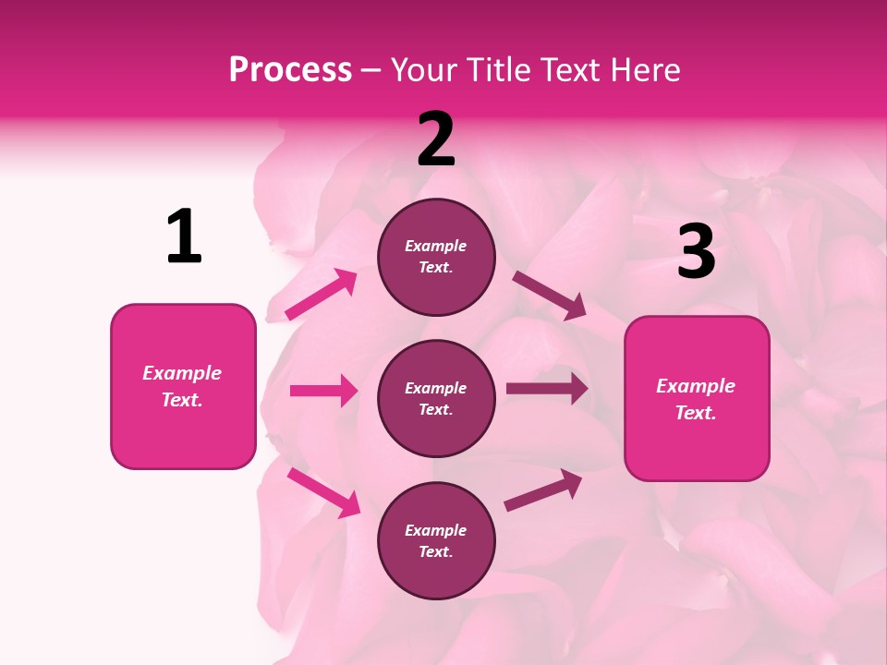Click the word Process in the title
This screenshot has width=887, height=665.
pos(290,70)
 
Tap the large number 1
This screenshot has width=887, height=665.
pos(184,237)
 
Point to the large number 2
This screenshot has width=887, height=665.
pos(436,139)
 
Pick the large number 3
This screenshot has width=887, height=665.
pos(696,251)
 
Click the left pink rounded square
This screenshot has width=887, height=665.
pos(183,386)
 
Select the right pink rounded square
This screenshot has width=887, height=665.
pos(697,398)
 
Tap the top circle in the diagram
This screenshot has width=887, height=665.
pos(436,257)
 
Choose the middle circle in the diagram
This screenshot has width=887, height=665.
pos(436,398)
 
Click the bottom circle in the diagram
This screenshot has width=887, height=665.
pos(436,540)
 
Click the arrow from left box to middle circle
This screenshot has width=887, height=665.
pos(323,391)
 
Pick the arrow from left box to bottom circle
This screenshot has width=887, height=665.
pos(323,492)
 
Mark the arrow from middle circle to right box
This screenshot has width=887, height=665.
pos(546,389)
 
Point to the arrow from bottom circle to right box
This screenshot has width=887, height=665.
pos(543,490)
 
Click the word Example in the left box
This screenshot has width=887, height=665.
pos(182,373)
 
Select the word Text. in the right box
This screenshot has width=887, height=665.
pos(696,413)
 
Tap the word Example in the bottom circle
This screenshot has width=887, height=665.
pos(436,530)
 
